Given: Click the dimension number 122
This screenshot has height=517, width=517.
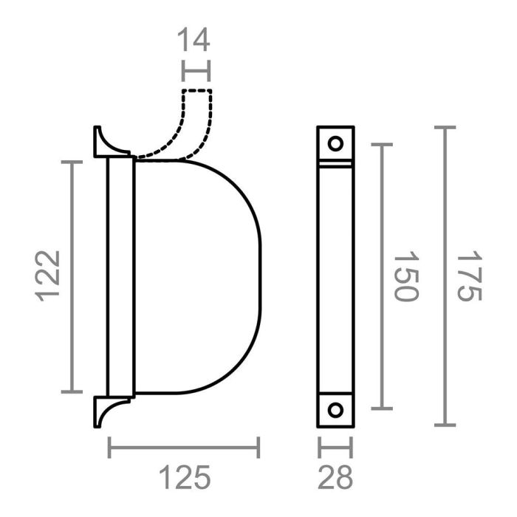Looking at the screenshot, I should coord(48,275).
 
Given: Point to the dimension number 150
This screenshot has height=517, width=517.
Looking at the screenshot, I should coord(405,276).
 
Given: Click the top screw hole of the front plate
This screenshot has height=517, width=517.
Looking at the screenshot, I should coord(335,143).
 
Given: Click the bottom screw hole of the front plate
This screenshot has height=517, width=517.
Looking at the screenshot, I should coord(335,410).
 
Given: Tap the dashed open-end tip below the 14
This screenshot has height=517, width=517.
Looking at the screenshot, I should coord(197,92).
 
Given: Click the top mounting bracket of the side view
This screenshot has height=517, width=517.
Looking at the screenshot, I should coord(108,143).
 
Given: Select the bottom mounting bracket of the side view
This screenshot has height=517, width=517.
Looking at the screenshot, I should coord(108,410).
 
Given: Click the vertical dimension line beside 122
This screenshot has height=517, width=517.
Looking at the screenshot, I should coord(72,275).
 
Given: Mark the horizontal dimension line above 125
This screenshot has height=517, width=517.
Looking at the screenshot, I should coord(184,447).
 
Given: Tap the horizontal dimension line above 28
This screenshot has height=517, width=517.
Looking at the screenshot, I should coord(335,447).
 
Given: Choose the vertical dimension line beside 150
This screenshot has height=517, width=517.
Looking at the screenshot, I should coord(381,276).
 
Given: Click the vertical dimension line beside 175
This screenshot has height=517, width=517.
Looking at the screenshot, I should coord(443,276).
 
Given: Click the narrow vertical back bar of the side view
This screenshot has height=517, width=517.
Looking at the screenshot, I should coord(114,275).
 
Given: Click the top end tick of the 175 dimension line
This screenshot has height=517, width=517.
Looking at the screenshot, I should coord(443,127).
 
